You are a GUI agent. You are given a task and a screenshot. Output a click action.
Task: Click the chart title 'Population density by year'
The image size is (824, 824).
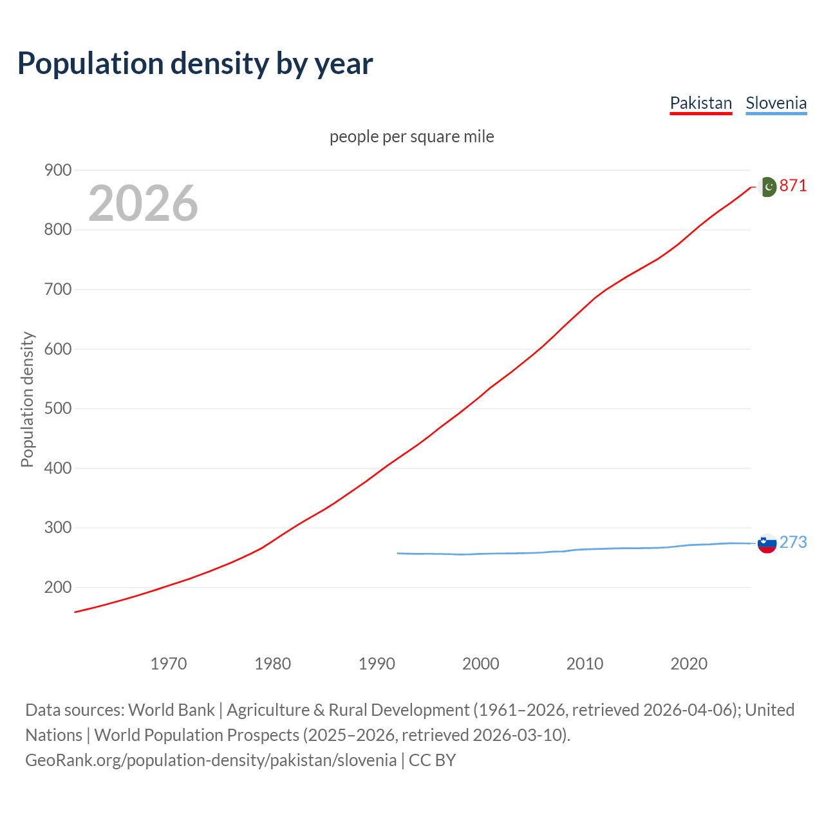195,64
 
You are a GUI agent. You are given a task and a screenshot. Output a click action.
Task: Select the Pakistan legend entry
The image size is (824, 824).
700,103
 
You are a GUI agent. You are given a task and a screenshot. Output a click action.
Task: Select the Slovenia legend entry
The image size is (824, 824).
776,103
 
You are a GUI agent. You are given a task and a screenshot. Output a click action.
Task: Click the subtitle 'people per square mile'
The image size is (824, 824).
411,136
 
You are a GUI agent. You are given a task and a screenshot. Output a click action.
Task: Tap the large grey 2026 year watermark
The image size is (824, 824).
143,203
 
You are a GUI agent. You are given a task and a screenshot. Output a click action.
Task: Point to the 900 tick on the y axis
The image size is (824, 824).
58,171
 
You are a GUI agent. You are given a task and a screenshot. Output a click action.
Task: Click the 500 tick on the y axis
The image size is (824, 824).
58,409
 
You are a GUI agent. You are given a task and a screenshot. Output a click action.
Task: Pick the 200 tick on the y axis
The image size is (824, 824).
58,587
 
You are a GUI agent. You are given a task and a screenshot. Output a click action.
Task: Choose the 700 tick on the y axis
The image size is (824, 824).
58,290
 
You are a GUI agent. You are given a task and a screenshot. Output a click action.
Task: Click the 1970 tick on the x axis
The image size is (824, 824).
169,664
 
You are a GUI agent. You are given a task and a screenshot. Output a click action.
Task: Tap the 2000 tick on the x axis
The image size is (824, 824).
481,664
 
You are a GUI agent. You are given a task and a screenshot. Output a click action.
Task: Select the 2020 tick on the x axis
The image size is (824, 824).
689,664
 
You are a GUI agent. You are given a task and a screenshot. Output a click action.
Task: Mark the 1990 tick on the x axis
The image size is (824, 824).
377,664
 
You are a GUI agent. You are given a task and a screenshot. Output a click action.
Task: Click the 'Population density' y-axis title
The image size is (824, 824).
27,399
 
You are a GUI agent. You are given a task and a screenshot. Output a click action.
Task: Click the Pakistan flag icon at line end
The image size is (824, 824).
767,187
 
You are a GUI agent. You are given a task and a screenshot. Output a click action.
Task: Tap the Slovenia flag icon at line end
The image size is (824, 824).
767,543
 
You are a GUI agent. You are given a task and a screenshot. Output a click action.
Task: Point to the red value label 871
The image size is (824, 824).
793,186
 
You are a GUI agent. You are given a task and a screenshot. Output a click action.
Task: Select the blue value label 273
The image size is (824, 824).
793,543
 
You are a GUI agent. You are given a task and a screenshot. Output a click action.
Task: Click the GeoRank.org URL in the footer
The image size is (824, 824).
211,760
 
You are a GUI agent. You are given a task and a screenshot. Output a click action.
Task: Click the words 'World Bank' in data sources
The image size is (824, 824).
171,710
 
